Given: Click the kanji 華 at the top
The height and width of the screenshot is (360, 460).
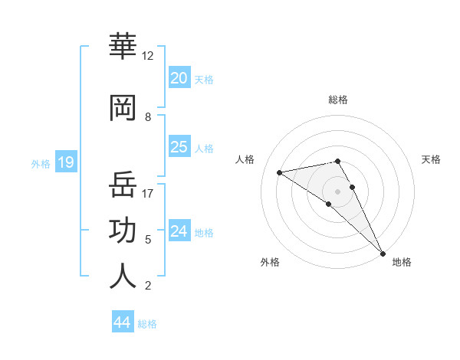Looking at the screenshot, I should point(123,47).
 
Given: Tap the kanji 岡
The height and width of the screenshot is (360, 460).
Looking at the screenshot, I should point(123,108).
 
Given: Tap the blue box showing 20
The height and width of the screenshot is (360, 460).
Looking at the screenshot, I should point(179,78).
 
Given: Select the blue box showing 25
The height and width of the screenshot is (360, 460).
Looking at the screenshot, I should point(179,147).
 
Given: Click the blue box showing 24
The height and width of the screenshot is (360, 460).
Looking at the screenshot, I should point(179,231).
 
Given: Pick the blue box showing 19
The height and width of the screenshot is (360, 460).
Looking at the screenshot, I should point(66,162).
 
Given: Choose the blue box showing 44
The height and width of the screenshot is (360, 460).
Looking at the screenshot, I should point(123,322).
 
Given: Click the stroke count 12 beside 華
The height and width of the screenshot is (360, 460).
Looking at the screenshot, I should point(148,56).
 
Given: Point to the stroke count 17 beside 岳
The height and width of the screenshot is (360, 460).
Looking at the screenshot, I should point(148,193).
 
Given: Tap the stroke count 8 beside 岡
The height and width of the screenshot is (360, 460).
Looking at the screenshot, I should point(148,117).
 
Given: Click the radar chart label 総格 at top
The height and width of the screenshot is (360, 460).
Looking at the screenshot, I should point(337,100).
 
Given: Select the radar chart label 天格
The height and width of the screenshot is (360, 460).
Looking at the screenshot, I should point(431,159).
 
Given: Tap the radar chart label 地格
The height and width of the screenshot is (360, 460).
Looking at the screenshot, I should point(402,263).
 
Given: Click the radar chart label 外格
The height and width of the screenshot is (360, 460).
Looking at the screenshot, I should point(270,263).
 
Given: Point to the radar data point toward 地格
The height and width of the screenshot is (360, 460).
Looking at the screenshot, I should point(383,254).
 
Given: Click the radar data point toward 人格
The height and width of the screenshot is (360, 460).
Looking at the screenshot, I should point(280,172).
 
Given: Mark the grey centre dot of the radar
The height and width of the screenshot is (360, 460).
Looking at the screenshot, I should point(337,191).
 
